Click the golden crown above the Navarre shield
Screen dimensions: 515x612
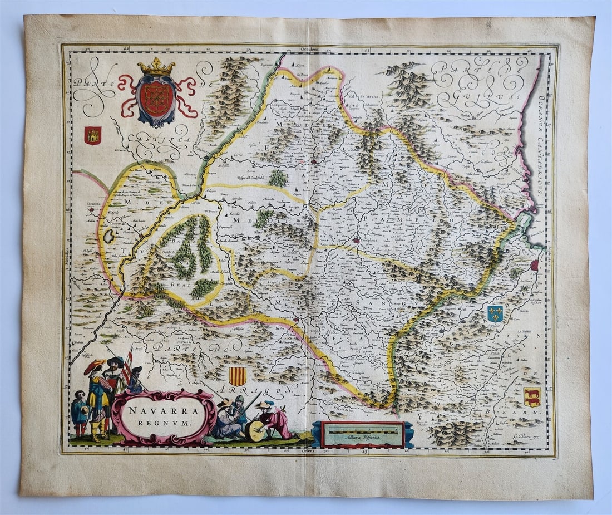click(x=156, y=67)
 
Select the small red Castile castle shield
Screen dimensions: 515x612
click(x=92, y=135)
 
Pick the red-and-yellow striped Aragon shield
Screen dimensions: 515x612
click(x=238, y=376)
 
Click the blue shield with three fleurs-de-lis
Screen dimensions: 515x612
click(x=495, y=314)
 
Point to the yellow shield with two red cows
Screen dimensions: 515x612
click(x=532, y=396)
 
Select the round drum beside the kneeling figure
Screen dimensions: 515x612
click(x=255, y=431)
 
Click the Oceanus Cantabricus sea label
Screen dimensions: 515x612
click(x=542, y=140)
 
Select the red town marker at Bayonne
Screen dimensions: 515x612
click(x=535, y=265)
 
